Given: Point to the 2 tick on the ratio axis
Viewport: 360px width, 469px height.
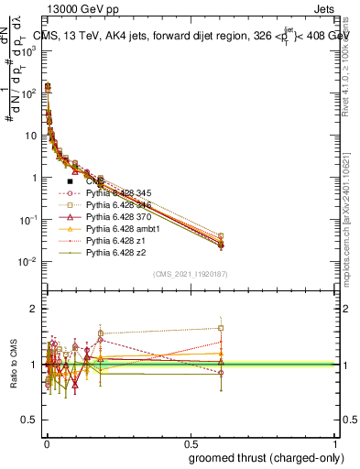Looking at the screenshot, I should [35, 309].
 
